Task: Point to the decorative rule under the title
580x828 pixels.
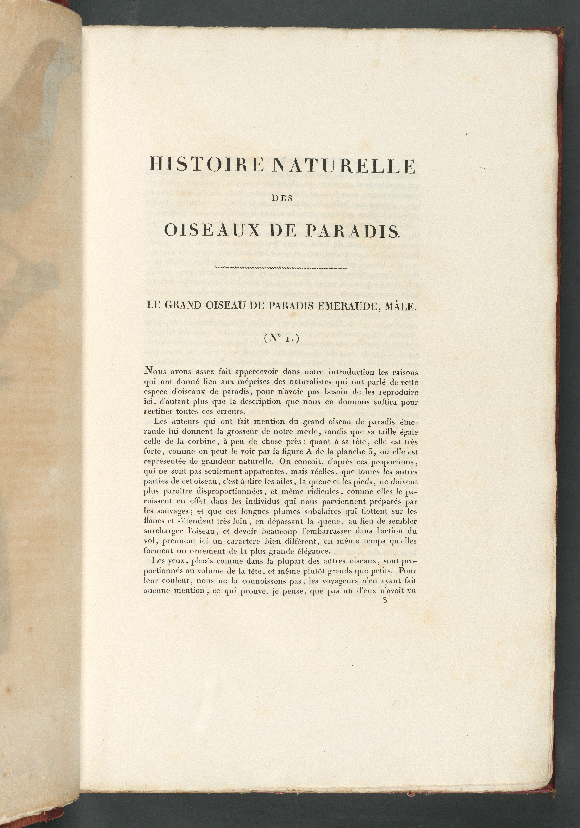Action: [x=281, y=268]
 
